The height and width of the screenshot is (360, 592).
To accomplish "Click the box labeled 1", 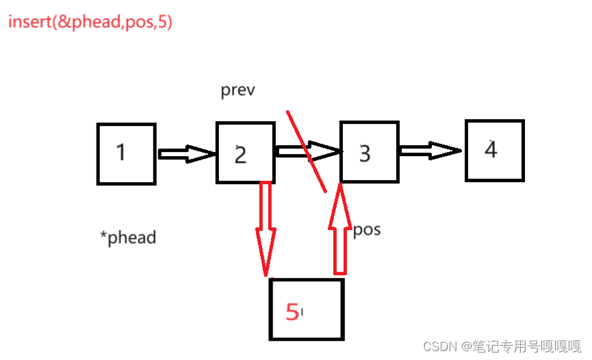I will pos(127,154).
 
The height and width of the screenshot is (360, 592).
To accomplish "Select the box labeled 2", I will pos(246,153).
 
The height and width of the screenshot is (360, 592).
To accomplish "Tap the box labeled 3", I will pos(370,152).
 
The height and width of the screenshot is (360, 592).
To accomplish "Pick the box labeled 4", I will pos(494,151).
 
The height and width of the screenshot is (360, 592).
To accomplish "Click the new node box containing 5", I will pos(306,309).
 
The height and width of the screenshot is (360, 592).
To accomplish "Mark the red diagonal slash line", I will pos(306,151).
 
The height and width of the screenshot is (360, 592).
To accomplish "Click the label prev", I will pos(237,90).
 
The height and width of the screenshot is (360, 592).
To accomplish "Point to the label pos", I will pos(367,229).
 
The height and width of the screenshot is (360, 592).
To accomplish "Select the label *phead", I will pos(128,237).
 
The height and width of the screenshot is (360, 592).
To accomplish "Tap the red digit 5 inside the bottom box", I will pos(292,312).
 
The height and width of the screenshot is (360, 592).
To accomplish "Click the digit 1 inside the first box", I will pos(121,152).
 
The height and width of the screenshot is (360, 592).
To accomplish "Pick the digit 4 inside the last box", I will pos(491,149).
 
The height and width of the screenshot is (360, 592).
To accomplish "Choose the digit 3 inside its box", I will pos(365,153).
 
